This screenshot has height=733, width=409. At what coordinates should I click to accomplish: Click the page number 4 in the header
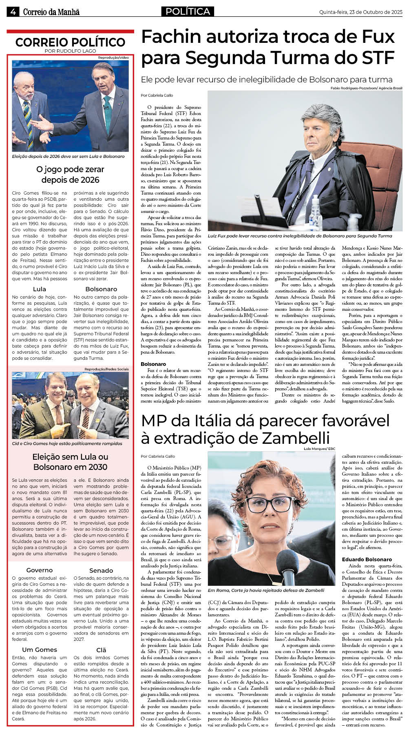click(13, 12)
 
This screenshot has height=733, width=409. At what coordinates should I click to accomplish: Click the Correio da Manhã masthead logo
click(51, 12)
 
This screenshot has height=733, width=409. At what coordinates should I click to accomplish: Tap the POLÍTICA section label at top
click(188, 11)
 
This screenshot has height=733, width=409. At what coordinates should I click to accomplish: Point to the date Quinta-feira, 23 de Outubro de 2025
click(360, 12)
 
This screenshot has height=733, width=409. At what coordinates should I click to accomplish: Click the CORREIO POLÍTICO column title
click(70, 42)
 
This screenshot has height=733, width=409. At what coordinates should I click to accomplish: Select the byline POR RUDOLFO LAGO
click(70, 51)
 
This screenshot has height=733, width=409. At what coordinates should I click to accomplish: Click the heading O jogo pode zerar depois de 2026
click(70, 175)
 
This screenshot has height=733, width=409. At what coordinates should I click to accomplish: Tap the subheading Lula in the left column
click(40, 289)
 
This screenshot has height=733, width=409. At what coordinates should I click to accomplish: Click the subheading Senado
click(101, 570)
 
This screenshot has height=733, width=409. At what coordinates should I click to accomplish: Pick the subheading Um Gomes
click(40, 649)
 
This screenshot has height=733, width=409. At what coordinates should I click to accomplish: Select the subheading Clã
click(101, 650)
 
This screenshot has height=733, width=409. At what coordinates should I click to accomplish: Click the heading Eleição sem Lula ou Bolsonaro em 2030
click(70, 462)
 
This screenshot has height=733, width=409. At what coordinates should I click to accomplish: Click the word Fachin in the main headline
click(172, 37)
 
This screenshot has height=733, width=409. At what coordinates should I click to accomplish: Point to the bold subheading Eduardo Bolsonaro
click(367, 559)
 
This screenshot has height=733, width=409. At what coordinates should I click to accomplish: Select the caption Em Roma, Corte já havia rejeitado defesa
click(266, 590)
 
